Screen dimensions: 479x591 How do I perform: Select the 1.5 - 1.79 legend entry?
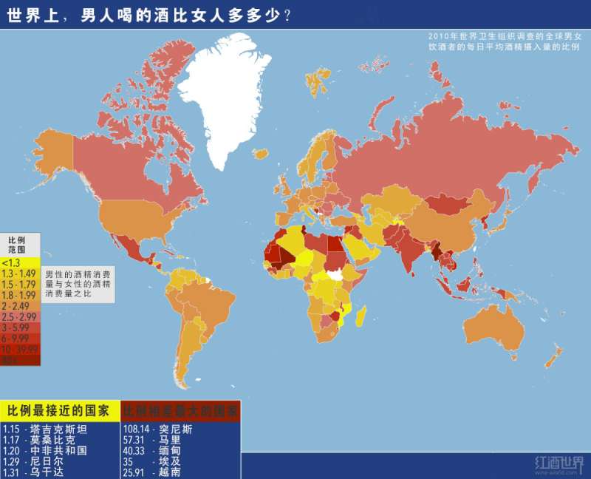click(18, 284)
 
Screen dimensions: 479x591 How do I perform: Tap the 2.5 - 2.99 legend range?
click(18, 316)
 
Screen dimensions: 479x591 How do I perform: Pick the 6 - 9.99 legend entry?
click(18, 338)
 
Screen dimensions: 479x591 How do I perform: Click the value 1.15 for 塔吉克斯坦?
click(11, 429)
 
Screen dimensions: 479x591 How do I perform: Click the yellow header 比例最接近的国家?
click(58, 410)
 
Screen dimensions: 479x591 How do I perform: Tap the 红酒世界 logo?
click(558, 463)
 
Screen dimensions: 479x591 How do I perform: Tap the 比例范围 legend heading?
click(17, 245)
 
